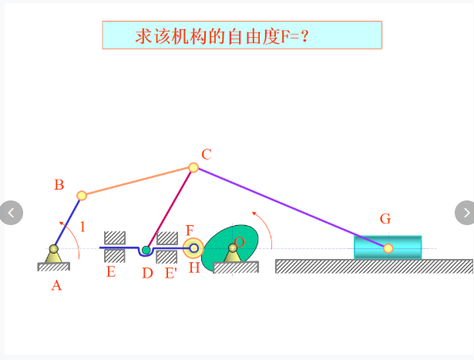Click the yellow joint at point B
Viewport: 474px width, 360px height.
point(82,196)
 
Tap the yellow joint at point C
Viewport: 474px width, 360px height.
point(193,167)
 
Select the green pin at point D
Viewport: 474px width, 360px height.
point(146,250)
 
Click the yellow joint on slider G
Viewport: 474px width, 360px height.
point(388,248)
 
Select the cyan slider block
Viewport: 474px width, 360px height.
point(388,247)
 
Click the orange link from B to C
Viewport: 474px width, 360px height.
point(137,182)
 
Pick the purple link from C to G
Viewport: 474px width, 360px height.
point(291,208)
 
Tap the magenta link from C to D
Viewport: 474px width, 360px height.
point(170,209)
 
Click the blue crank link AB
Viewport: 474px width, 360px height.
point(67,222)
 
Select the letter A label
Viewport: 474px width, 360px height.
point(56,286)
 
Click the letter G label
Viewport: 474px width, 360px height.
point(385,218)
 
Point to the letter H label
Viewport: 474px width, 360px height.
point(194,267)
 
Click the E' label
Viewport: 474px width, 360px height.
point(171,273)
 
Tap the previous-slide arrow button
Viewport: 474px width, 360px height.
point(11,213)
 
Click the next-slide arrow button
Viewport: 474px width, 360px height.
point(466,213)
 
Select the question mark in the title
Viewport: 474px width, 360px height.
point(305,36)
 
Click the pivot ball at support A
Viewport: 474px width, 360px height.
point(54,249)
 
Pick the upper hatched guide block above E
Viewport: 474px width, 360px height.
point(115,238)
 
